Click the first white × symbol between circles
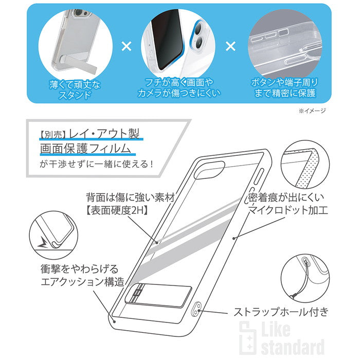[126, 46]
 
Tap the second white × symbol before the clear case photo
[230, 46]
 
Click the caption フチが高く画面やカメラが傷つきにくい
[179, 88]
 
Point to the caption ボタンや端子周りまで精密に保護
[285, 88]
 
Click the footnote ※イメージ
[312, 111]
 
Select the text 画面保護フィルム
[85, 148]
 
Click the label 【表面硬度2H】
[117, 210]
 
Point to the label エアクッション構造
[82, 282]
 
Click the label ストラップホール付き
[281, 312]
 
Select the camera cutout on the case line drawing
[209, 170]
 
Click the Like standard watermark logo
[282, 337]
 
